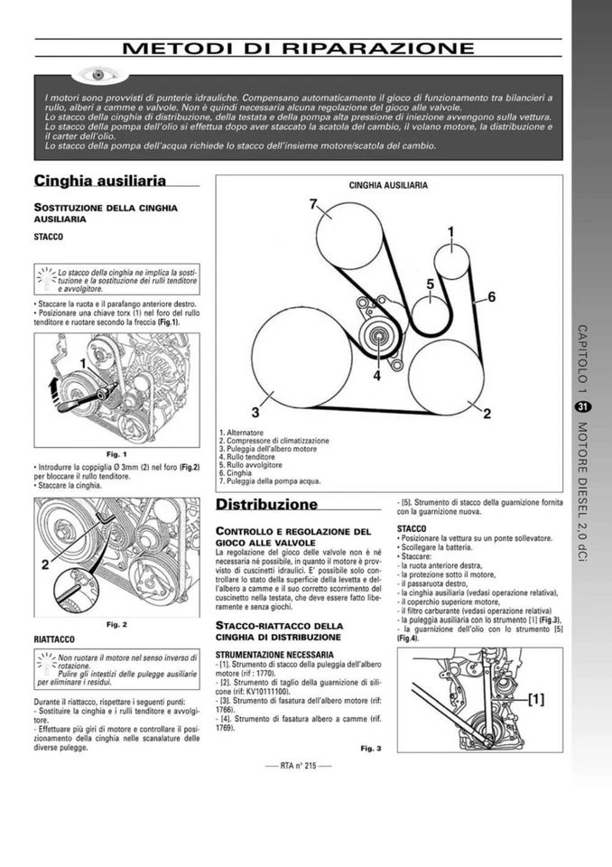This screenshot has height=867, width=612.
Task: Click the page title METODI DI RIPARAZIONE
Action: pos(298,48)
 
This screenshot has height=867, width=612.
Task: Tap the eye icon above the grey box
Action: pos(93,73)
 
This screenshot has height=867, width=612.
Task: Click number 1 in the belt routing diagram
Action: pos(450,232)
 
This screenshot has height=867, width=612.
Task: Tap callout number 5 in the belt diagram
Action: pos(431,284)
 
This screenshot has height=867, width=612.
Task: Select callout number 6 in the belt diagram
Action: pos(491,296)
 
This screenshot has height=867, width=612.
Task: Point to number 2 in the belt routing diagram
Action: pos(487,414)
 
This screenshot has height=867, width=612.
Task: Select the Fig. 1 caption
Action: pos(116,453)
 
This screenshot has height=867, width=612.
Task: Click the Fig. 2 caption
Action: pos(116,623)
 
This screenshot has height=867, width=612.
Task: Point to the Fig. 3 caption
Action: pos(370,748)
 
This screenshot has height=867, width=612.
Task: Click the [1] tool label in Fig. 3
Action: pos(535,698)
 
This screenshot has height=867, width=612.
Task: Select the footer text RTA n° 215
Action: pos(299,766)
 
